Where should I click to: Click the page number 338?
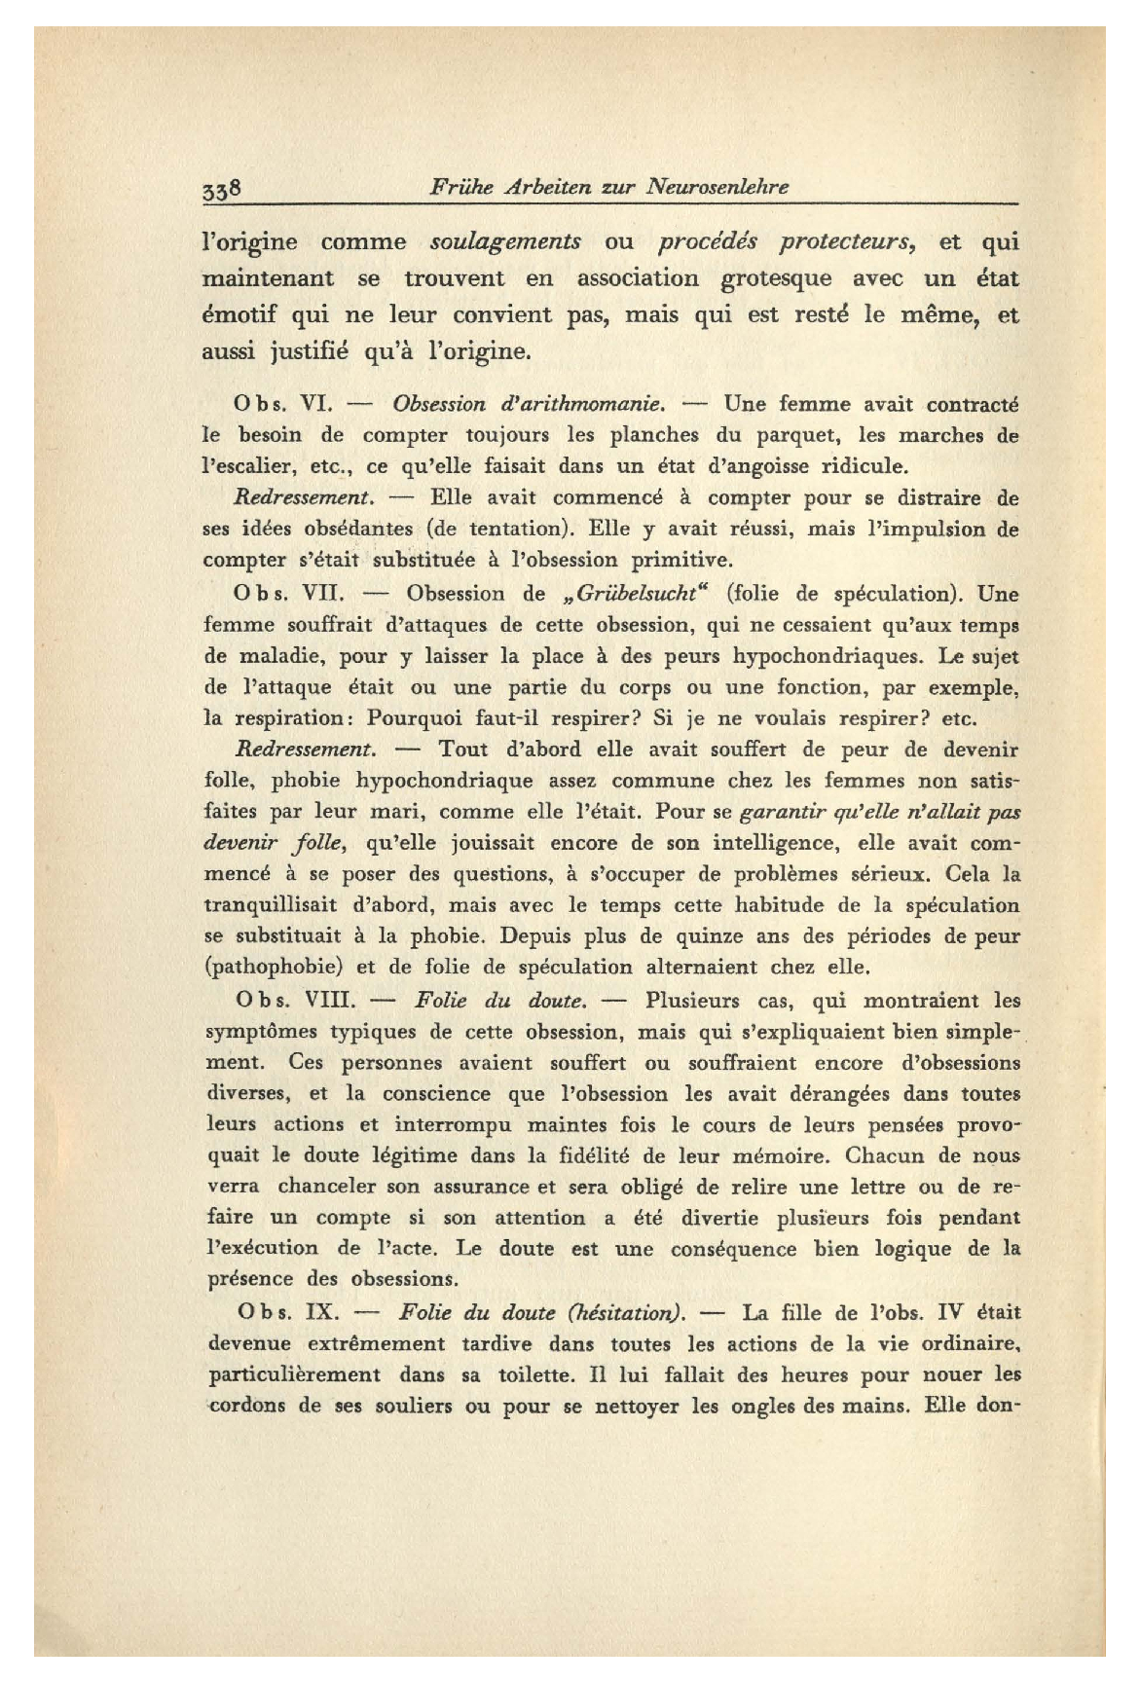click(222, 189)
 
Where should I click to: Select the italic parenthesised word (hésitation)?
click(629, 1312)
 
